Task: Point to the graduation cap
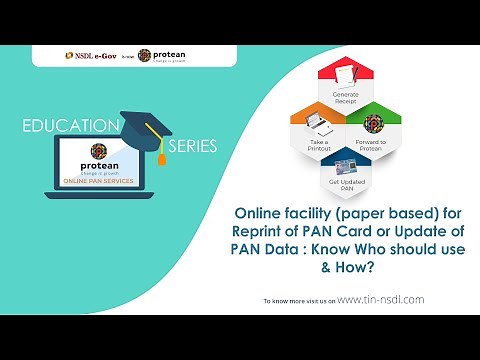tap(149, 126)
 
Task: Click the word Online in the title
tap(257, 214)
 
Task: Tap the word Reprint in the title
tap(264, 231)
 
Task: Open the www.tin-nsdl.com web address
tap(381, 299)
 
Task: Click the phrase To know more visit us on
tap(299, 300)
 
